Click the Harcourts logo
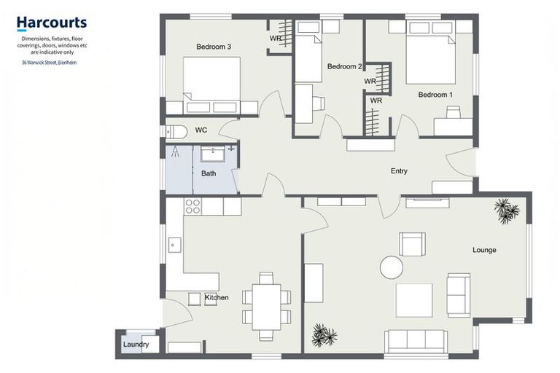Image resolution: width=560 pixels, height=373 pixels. coord(51,24)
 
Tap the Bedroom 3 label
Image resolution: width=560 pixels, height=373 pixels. coord(214,47)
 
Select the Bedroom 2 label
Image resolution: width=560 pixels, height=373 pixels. coord(344,67)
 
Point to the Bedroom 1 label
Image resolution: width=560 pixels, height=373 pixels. coord(435,95)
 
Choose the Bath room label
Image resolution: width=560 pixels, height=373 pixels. coord(209,173)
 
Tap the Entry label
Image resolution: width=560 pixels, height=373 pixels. coord(399,171)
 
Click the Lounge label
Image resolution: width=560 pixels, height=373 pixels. coord(484,250)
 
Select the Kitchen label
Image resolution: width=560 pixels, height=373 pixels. coord(217,297)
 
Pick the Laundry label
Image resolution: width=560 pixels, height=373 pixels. coord(136,345)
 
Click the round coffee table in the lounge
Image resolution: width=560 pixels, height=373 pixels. coord(391,267)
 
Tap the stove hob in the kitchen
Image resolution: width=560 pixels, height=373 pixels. coord(192,206)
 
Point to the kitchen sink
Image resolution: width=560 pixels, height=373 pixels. coord(174,245)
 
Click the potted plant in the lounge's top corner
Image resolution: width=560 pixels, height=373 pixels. coord(506,211)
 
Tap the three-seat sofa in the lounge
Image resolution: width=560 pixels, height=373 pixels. coord(416,341)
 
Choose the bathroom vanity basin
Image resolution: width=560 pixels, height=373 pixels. coord(213,153)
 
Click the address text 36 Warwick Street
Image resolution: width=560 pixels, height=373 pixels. coord(50,62)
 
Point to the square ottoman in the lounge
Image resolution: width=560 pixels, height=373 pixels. coord(414,300)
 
